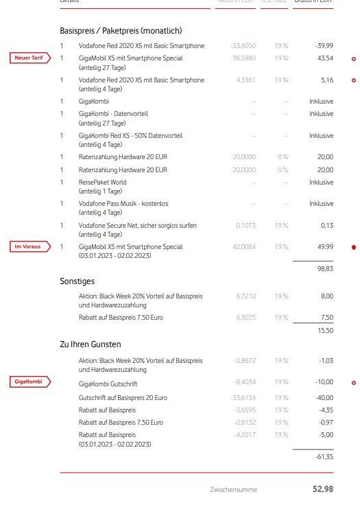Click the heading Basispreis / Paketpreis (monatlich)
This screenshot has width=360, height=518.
[x=121, y=31]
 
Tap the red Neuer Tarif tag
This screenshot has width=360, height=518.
[x=29, y=58]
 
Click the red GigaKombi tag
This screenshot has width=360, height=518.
[x=29, y=382]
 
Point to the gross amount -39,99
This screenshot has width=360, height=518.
[x=324, y=46]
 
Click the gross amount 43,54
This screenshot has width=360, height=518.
[x=325, y=58]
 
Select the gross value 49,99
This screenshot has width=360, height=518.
[x=325, y=247]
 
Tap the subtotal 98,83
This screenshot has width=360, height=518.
[x=324, y=270]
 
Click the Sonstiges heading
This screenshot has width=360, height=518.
[x=77, y=281]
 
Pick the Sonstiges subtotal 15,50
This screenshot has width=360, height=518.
[x=324, y=331]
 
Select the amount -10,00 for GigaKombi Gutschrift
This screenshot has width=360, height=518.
[x=324, y=383]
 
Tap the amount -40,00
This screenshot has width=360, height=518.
[x=324, y=398]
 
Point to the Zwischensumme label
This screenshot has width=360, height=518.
[x=234, y=489]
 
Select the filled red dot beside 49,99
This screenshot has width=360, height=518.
[x=353, y=247]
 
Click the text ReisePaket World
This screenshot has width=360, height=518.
[x=103, y=183]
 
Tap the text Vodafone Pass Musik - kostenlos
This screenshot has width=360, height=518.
[x=123, y=204]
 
